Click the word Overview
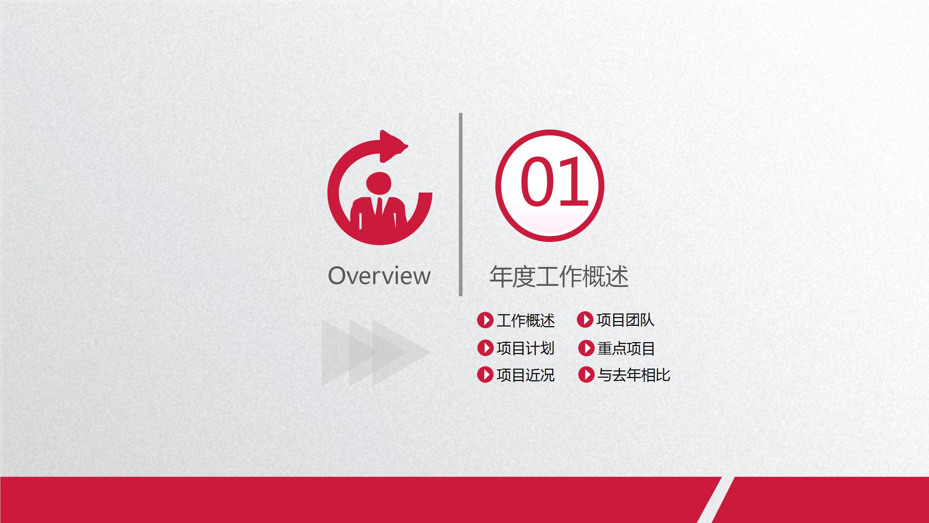coord(379,276)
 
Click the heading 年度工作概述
coord(559,277)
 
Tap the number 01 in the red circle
coord(554,181)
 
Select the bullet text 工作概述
coord(526,320)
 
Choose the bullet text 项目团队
coord(626,320)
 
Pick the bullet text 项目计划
coord(526,348)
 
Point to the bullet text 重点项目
coord(626,349)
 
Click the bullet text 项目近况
coord(526,375)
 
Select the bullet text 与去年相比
coord(634,375)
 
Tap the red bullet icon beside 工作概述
coord(485,320)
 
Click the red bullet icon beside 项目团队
coord(585,320)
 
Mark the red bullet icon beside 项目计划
coord(485,348)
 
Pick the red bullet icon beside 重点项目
coord(586,348)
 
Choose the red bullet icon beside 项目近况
coord(485,375)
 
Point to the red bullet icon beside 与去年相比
coord(586,375)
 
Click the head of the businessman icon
coord(379,183)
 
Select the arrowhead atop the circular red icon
coord(394,146)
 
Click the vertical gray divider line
coord(461,204)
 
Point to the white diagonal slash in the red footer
coord(716,500)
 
